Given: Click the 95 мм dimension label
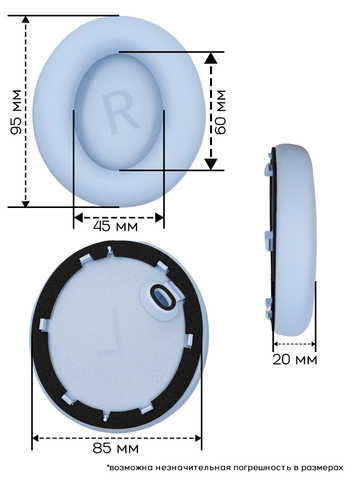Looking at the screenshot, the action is pyautogui.click(x=16, y=112).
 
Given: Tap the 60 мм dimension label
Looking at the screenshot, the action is pyautogui.click(x=220, y=112).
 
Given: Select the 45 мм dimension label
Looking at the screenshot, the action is pyautogui.click(x=115, y=226).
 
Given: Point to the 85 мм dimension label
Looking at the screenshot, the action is pyautogui.click(x=116, y=448).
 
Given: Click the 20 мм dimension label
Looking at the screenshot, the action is pyautogui.click(x=295, y=359).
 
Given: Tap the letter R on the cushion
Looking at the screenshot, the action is pyautogui.click(x=119, y=112).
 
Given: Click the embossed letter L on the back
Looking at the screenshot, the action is pyautogui.click(x=110, y=336).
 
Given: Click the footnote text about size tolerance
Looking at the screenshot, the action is pyautogui.click(x=225, y=467).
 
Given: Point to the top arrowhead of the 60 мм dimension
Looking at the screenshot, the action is pyautogui.click(x=211, y=58).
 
